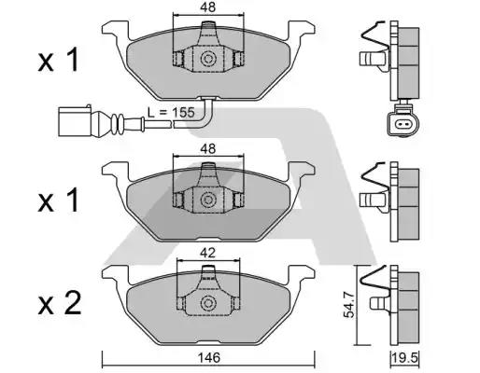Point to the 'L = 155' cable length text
tap(171, 112)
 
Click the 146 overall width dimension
tap(207, 355)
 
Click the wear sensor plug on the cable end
tap(76, 119)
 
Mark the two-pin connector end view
tap(403, 126)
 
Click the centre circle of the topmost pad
tap(207, 58)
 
